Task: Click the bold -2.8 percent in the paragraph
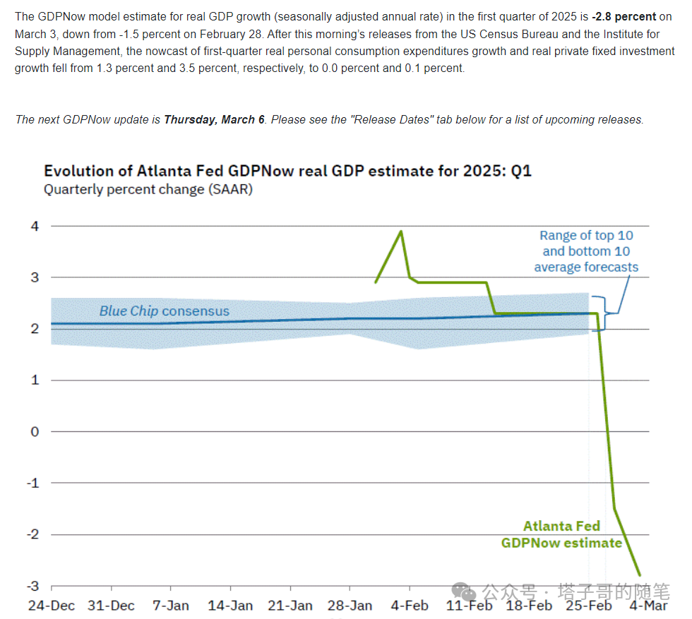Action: coord(625,16)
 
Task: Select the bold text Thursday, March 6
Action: coord(214,120)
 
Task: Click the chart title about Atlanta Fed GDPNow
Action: coord(287,172)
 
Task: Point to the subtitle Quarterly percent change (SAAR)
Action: coord(148,189)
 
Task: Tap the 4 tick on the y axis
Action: coord(35,227)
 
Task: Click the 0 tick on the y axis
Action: coord(35,431)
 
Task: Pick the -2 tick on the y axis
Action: coord(32,534)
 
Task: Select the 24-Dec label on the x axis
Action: coord(51,606)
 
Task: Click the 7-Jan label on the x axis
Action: coord(170,606)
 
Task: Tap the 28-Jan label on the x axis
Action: coord(350,606)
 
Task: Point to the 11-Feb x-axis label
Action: coord(470,606)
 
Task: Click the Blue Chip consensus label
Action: coord(164,311)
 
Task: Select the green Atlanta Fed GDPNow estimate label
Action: coord(561,534)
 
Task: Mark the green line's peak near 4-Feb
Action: coord(402,231)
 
